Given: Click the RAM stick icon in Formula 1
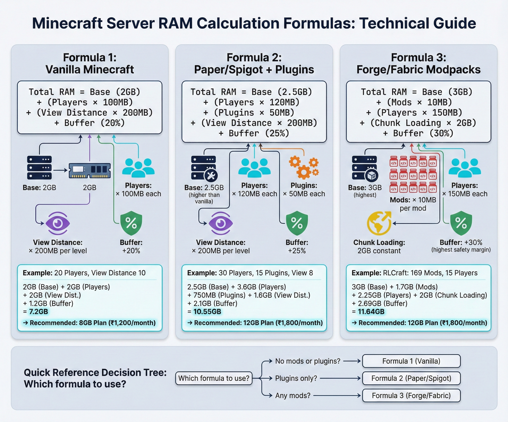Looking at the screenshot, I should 90,170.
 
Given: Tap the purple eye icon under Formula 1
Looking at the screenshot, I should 58,223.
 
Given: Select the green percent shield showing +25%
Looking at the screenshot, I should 297,223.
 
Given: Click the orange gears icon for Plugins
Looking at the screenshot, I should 304,168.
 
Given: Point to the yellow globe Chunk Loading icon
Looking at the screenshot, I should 379,223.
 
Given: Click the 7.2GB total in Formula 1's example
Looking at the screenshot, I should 38,312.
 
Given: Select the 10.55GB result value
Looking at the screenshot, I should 207,312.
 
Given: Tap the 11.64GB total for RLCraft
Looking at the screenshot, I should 371,312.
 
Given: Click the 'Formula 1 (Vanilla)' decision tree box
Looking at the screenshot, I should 411,361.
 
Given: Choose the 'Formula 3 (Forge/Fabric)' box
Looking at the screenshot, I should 411,395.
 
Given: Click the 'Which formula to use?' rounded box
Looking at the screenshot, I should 214,378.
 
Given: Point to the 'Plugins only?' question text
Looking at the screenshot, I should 296,378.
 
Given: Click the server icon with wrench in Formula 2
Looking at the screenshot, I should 204,168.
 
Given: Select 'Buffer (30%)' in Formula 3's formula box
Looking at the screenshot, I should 423,133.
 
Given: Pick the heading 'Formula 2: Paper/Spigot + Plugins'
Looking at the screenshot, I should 254,63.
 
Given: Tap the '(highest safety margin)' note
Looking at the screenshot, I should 461,250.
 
